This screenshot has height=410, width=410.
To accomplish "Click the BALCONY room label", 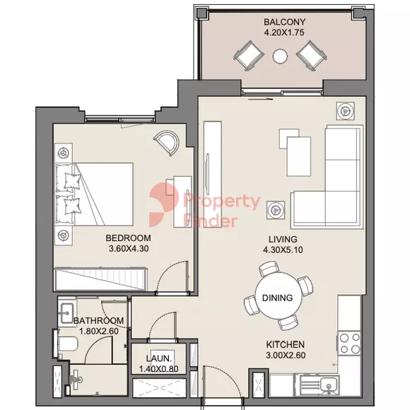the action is tap(284, 22).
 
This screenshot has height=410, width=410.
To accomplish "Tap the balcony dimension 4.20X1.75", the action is tap(284, 33).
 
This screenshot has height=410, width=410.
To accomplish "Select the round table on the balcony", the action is tap(280, 56).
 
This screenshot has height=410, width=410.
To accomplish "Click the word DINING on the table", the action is tap(277, 298).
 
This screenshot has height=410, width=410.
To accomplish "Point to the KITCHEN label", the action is tap(286, 345).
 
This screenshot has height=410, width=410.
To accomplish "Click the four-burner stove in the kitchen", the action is tap(350, 343).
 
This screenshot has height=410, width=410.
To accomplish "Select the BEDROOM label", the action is tap(128, 238).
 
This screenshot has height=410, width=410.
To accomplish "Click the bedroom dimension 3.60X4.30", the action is tap(129, 249).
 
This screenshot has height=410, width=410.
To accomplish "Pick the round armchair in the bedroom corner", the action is tap(168, 143).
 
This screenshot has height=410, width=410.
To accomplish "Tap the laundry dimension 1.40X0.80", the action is tap(159, 369).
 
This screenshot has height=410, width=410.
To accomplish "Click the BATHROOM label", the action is tap(98, 320).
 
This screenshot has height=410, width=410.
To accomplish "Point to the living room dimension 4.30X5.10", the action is tap(283, 250).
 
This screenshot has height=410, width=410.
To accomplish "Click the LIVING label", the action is tap(283, 239).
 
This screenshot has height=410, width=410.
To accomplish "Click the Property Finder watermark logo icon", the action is tap(163, 204).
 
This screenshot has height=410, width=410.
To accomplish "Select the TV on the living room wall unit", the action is tap(208, 174).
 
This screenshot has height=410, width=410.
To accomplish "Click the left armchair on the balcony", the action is tap(248, 56).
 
